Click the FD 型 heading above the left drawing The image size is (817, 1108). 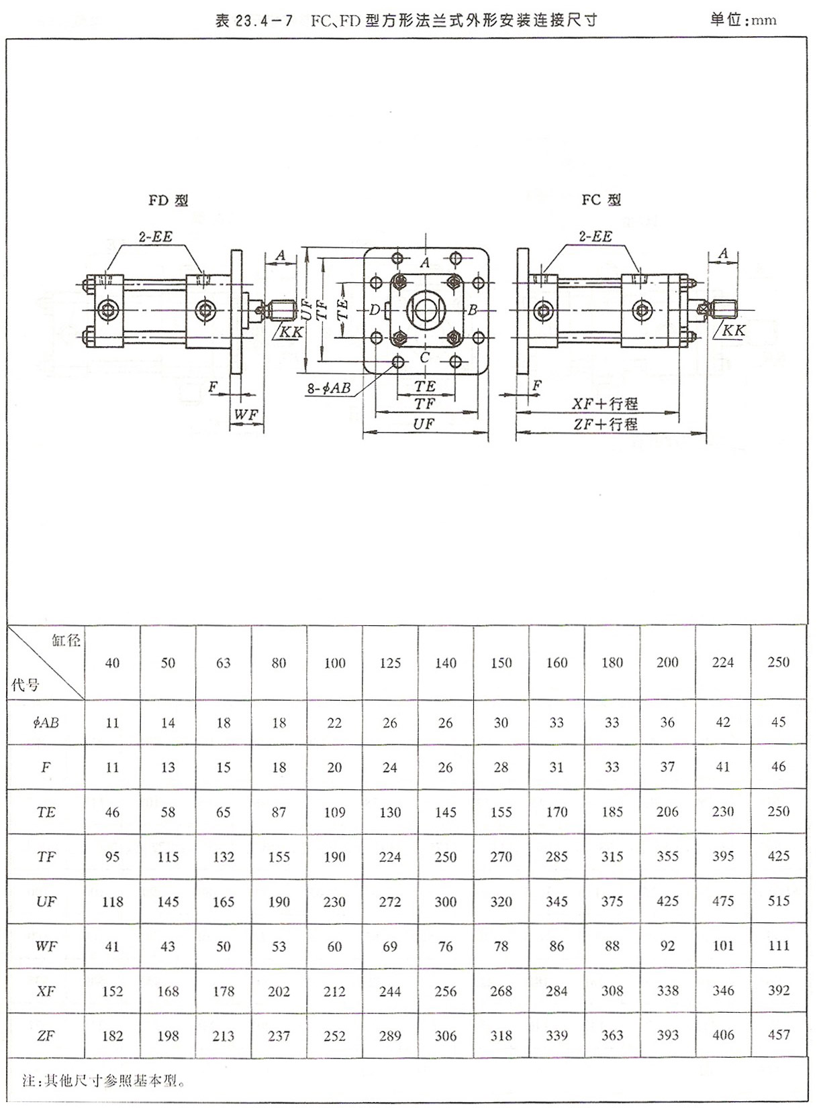[168, 201]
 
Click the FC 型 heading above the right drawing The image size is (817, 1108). [601, 200]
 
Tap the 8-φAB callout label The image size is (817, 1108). [329, 388]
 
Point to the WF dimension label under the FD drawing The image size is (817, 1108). [246, 415]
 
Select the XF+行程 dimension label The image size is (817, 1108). [604, 404]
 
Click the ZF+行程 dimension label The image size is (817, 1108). [604, 424]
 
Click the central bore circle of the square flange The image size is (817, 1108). [424, 310]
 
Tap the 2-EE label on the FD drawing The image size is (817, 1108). [155, 237]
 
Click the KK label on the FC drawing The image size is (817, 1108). [734, 331]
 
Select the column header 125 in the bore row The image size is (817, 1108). [390, 663]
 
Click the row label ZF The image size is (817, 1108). [46, 1036]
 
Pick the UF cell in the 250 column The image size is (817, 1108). [778, 901]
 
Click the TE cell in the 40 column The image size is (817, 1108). [112, 812]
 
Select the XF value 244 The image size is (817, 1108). [390, 991]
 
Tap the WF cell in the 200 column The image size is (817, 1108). [667, 946]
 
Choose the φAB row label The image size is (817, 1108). [46, 723]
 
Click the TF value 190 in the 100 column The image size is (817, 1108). [334, 856]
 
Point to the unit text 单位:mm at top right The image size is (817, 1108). [743, 19]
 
